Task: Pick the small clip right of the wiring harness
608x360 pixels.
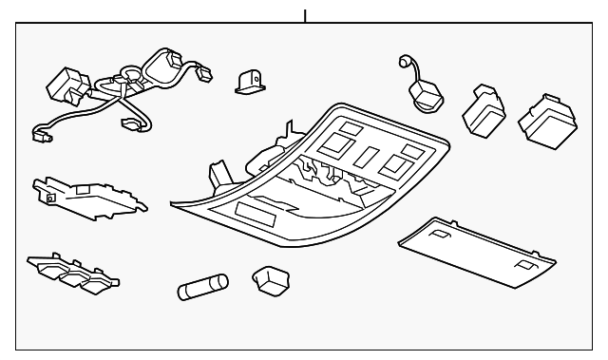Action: (249, 82)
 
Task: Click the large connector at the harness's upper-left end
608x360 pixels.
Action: (66, 85)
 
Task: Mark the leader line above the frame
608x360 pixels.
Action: (305, 16)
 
